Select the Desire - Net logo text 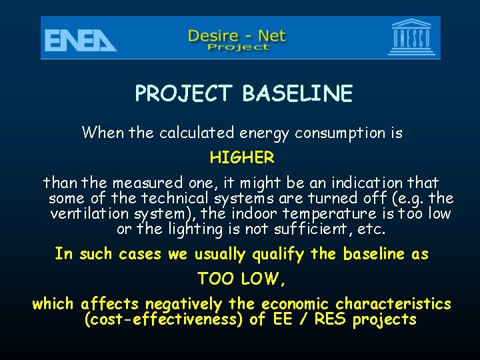[237, 37]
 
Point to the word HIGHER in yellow [242, 158]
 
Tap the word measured [146, 183]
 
